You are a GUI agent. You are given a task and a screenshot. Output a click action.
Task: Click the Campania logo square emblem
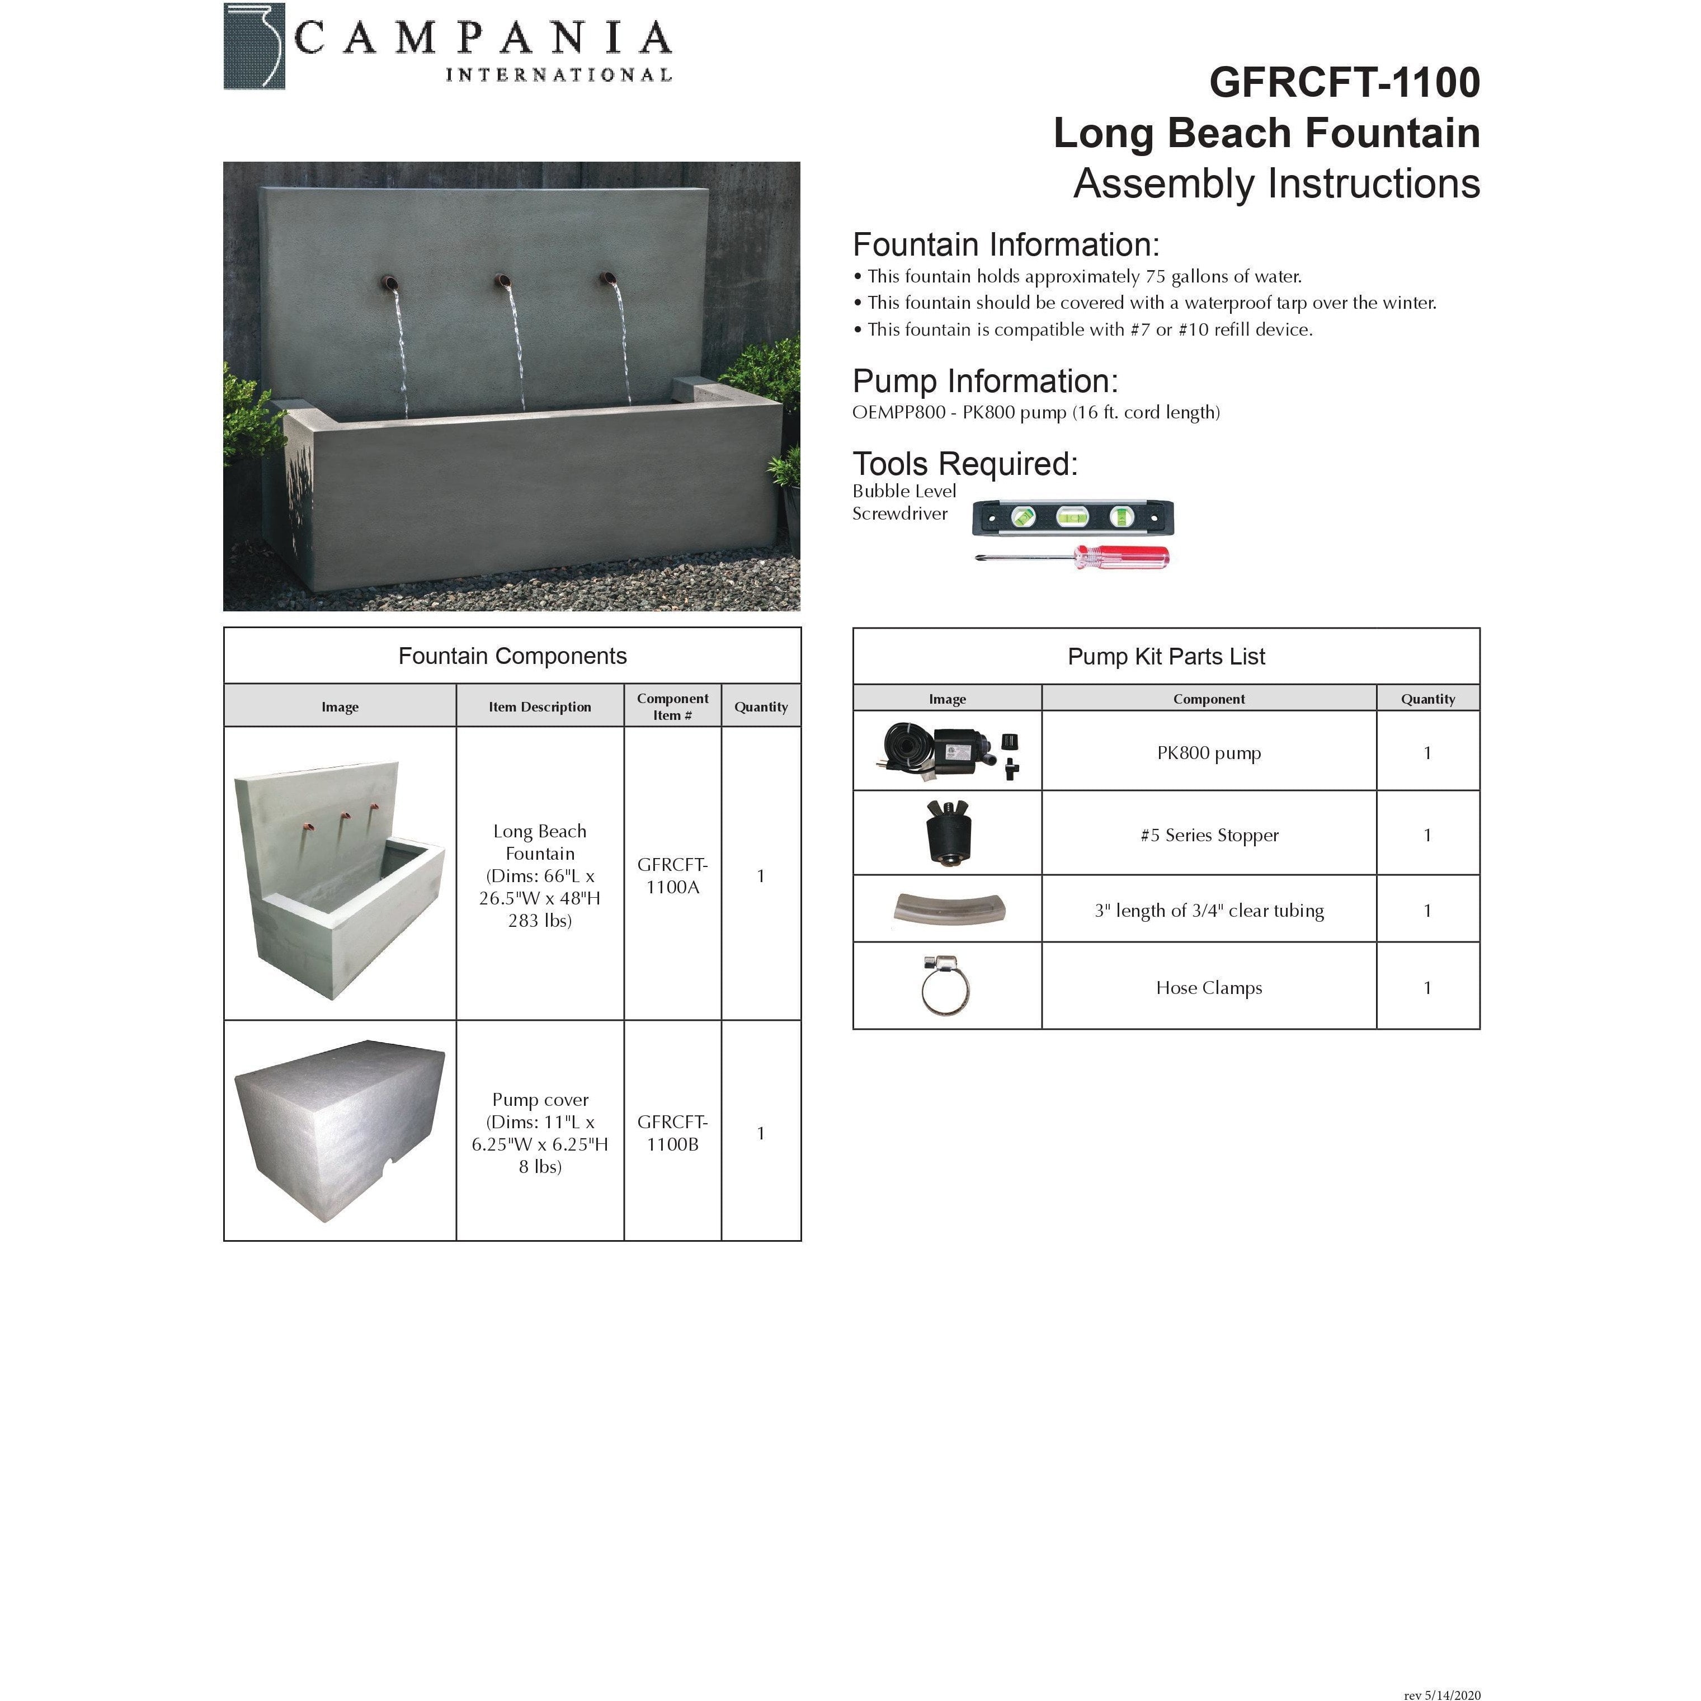(x=255, y=46)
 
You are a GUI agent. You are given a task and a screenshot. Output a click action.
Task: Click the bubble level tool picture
(x=1072, y=518)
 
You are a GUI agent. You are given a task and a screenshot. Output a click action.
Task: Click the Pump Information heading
(x=984, y=381)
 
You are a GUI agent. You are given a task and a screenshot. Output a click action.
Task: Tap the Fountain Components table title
(x=512, y=656)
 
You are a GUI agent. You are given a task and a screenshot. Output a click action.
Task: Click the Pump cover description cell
(x=540, y=1132)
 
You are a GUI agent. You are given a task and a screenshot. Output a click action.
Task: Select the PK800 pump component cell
(x=1208, y=753)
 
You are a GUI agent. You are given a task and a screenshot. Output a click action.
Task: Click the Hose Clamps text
(x=1208, y=988)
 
